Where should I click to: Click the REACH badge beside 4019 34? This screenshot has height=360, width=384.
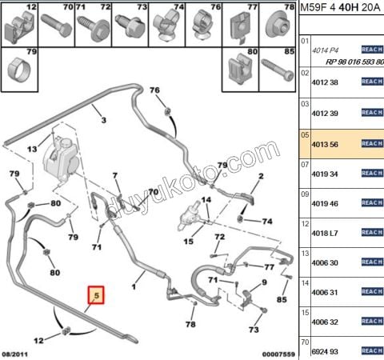click(372, 174)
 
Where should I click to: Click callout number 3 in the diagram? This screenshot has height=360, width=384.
click(103, 120)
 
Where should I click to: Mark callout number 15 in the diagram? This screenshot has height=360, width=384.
click(189, 241)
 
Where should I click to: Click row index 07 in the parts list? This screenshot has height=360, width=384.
click(304, 164)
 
